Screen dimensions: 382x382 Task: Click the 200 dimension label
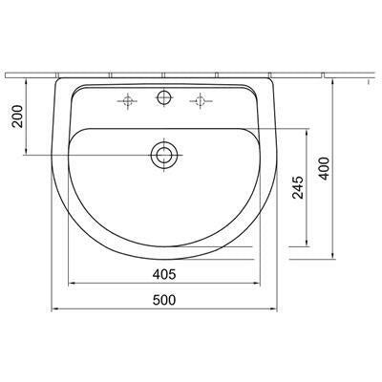[18, 117]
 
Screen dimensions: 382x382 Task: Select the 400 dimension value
[325, 168]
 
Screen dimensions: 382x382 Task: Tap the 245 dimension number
[298, 187]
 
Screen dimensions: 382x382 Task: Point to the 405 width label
[164, 274]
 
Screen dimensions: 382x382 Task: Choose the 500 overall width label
[164, 300]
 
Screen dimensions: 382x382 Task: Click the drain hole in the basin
[164, 155]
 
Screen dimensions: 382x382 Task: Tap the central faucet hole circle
[164, 97]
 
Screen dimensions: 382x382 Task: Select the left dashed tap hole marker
[128, 101]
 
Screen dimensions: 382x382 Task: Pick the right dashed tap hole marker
[201, 101]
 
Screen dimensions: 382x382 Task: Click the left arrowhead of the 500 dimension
[54, 308]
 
